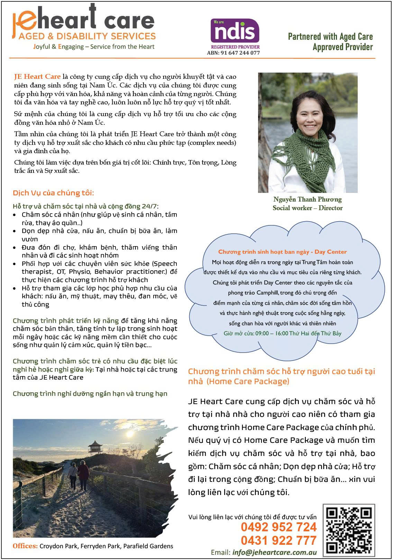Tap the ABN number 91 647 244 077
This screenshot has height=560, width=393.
click(x=234, y=53)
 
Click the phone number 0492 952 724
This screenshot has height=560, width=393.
click(x=278, y=527)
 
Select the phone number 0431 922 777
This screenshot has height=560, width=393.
click(x=278, y=540)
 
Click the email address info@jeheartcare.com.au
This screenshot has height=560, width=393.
click(x=274, y=552)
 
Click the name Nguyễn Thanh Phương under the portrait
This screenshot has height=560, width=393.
click(x=307, y=199)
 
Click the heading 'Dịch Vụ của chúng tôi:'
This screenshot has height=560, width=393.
click(x=53, y=193)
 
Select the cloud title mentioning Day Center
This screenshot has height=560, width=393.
click(x=282, y=252)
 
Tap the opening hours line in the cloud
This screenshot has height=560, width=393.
click(x=282, y=334)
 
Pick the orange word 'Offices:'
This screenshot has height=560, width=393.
click(x=25, y=546)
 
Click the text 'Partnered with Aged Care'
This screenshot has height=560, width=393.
click(x=330, y=37)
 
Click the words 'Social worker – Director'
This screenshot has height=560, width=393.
click(x=307, y=208)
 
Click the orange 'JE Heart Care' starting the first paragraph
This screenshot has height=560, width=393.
click(x=37, y=77)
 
